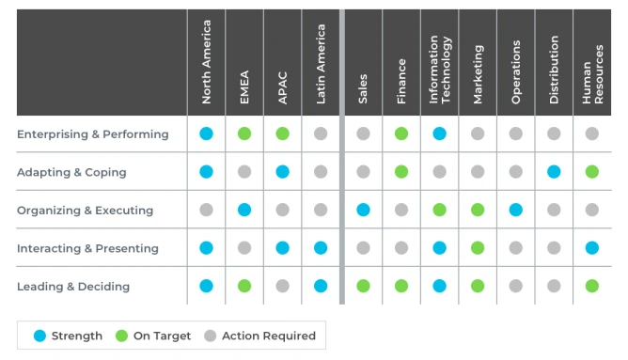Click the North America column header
coord(207,62)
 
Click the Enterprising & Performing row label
coord(93,134)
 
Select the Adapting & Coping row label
coord(71,173)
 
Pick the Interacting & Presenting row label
coord(87,249)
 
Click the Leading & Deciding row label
coord(73,287)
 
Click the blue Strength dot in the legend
coord(39,336)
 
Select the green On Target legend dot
coord(120,336)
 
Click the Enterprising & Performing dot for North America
coord(206,134)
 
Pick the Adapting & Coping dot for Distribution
coord(554,172)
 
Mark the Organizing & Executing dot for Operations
coord(515,210)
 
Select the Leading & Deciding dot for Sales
coord(363,286)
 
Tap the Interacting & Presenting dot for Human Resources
coord(591,248)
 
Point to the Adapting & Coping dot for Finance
coord(401,172)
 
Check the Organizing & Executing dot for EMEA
coord(244,210)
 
